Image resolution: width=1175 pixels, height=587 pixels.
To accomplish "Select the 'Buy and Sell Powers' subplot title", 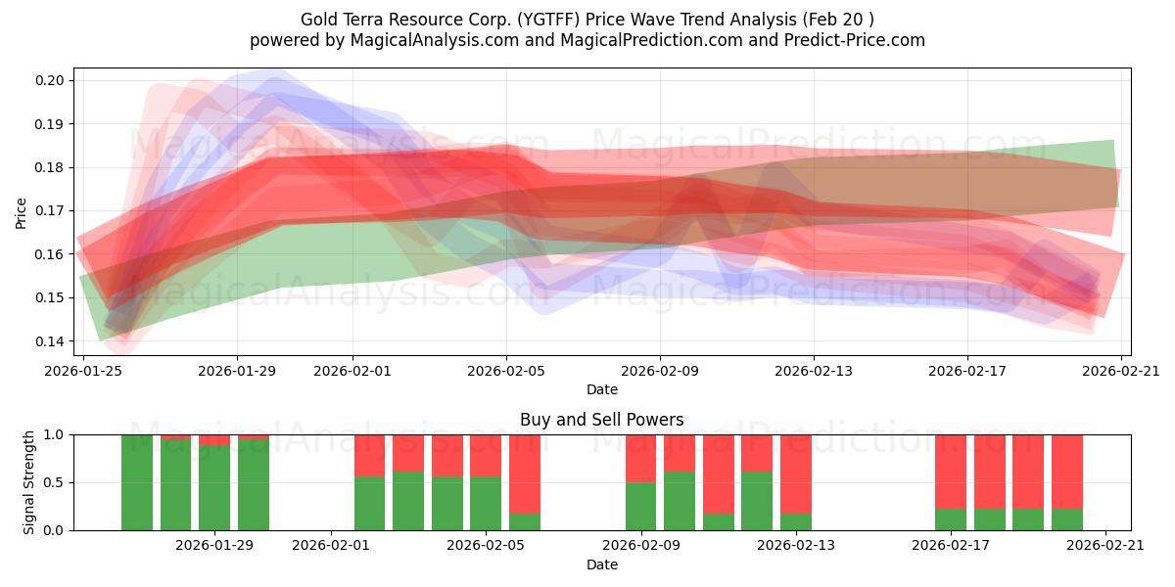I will tap(601, 420).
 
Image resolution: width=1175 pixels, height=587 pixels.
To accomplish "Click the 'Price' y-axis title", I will tap(21, 211).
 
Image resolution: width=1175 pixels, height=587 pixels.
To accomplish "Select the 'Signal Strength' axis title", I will tap(29, 482).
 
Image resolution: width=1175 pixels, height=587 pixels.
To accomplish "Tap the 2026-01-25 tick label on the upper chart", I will tap(83, 371).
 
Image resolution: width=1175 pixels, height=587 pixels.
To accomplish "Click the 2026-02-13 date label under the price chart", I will tap(814, 371).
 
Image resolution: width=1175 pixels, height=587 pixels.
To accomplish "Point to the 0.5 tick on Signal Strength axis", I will tap(54, 482).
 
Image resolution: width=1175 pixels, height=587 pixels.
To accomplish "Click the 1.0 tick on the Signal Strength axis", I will tap(54, 434).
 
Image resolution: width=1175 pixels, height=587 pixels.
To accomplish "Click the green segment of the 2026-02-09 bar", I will tap(641, 507).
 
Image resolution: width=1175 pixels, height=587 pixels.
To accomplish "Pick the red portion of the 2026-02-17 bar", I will tap(951, 471).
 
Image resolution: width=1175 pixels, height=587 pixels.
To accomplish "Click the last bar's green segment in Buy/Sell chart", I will tap(1067, 519).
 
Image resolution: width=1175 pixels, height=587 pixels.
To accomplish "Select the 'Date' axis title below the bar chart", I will tap(601, 564).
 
